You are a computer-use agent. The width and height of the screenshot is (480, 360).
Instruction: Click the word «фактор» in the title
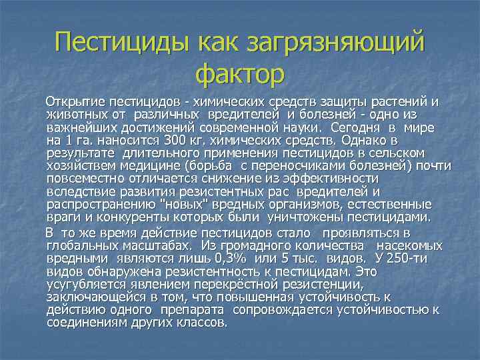tap(240, 73)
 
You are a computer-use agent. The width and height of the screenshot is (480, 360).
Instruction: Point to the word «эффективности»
tap(331, 178)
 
